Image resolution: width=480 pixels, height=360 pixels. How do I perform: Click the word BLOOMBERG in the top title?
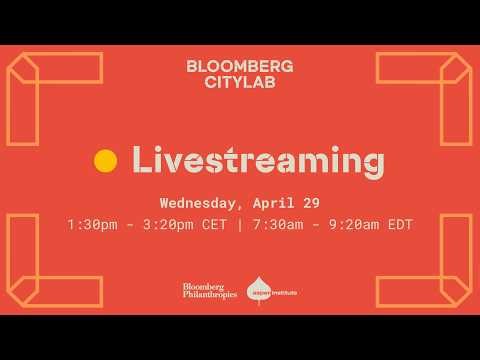point(240,66)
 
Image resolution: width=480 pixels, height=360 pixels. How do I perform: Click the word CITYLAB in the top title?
point(240,84)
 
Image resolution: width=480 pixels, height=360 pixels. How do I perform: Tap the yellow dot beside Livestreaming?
point(105,159)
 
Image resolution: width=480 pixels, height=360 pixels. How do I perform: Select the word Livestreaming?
point(257,159)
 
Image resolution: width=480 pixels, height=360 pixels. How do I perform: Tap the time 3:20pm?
point(171,225)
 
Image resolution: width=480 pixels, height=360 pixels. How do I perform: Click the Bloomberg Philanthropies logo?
point(209,291)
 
